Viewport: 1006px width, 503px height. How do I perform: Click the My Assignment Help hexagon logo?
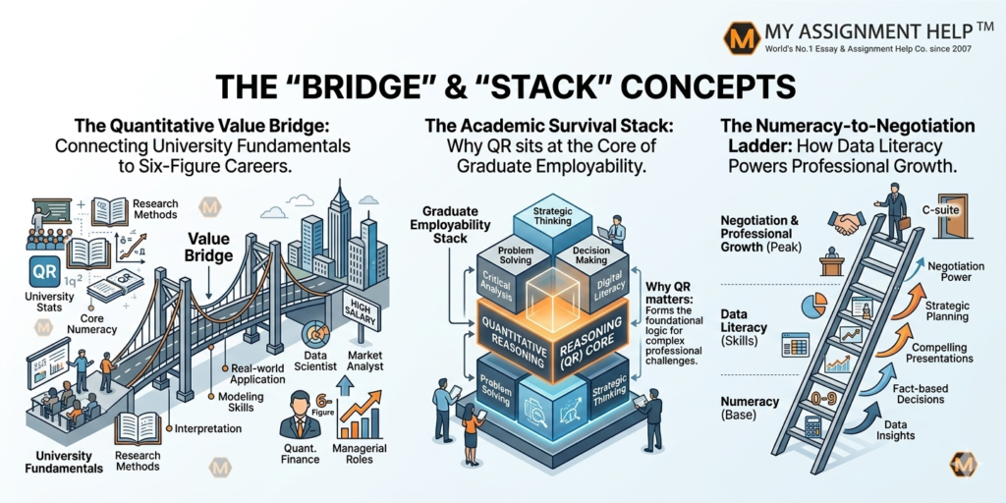[x=738, y=37]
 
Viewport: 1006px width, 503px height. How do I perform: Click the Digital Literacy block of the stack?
[x=608, y=286]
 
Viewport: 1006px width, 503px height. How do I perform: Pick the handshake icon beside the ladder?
[x=846, y=224]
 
